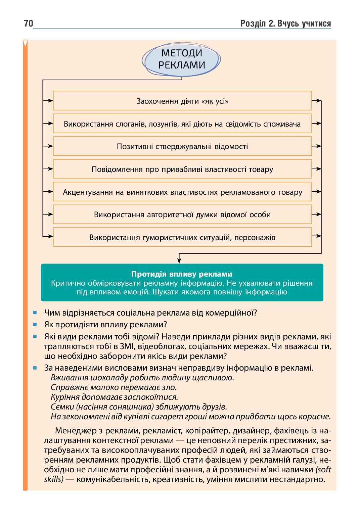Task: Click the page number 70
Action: pos(28,23)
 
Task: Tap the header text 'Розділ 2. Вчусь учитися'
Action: pos(285,23)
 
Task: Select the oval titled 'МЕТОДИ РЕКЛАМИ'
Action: pos(181,59)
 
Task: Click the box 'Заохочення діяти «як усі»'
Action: pos(182,101)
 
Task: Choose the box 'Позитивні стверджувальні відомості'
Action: pos(182,146)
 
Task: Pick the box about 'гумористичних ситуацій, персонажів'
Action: pos(182,237)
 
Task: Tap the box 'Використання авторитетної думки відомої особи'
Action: pos(182,215)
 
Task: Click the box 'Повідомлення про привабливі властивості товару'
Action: pos(182,169)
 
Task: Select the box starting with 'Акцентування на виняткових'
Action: pos(182,192)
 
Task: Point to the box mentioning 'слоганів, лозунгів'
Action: pos(182,124)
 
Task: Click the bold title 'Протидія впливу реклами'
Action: pos(182,274)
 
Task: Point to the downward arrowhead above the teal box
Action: pos(179,261)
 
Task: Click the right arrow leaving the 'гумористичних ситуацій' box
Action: pos(317,237)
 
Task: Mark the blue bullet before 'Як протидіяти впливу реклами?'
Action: pos(35,325)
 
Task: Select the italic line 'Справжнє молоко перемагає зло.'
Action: pos(114,387)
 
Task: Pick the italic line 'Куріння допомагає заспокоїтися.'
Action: pos(114,397)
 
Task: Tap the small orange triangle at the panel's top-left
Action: pos(25,43)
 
